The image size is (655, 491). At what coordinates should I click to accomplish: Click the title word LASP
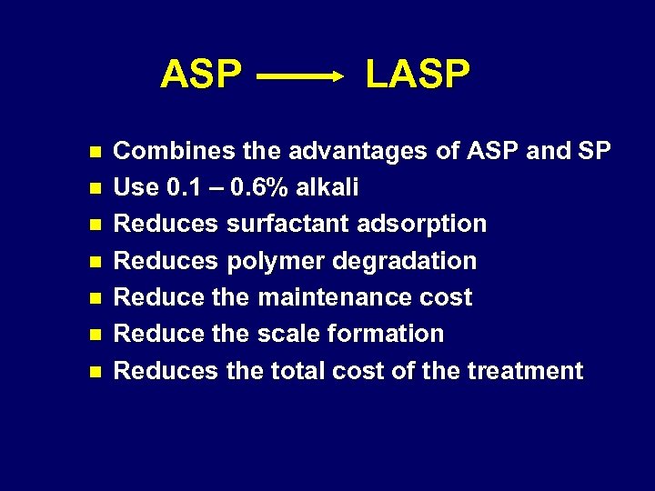pos(418,75)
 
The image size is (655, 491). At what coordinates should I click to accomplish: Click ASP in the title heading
pos(201,75)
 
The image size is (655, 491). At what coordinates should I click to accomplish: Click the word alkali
pos(327,188)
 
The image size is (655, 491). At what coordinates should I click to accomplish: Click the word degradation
pos(405,261)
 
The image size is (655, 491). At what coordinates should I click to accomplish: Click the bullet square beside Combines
pos(92,152)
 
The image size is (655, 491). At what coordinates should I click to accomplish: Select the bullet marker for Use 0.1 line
pos(92,188)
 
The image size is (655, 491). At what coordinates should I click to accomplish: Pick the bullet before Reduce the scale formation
pos(92,334)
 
